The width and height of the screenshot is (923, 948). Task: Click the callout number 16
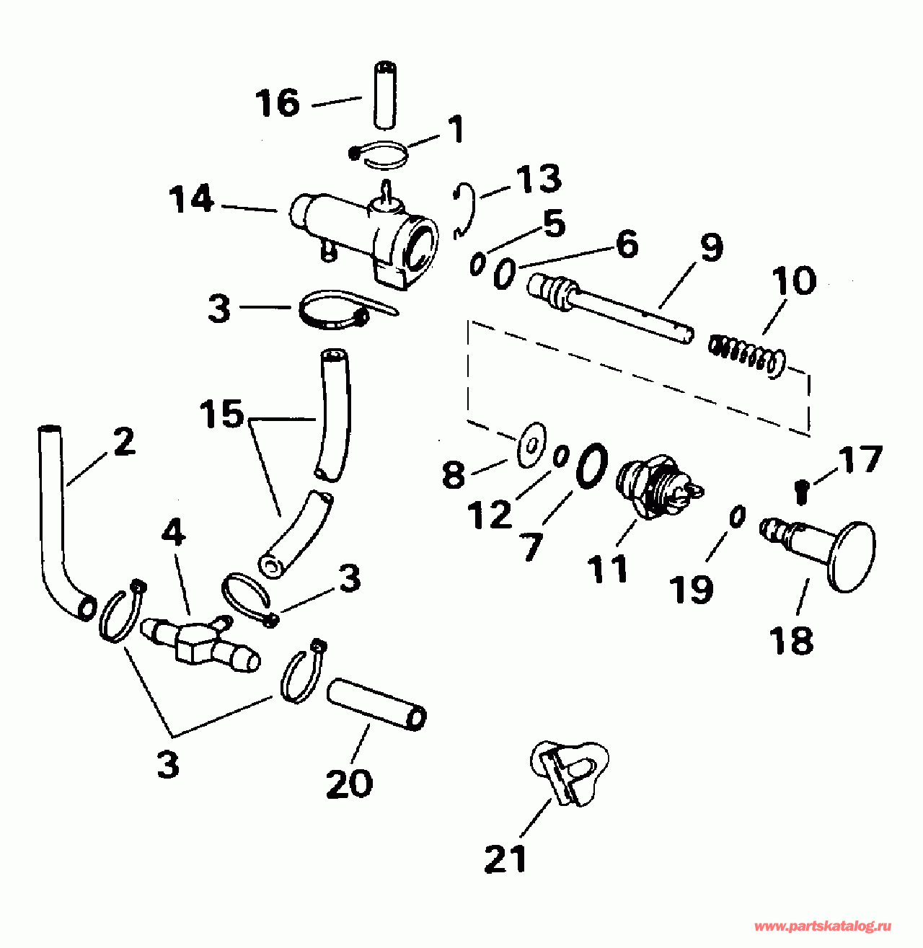click(278, 103)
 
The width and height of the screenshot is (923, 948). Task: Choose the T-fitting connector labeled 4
click(196, 637)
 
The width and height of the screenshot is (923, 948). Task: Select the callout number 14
click(192, 200)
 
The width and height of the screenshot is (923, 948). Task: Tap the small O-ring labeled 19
click(736, 518)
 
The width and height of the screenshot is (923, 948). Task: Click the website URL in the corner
click(822, 926)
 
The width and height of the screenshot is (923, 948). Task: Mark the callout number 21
click(505, 858)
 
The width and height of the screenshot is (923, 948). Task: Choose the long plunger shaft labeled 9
click(613, 306)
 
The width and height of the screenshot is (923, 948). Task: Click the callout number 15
click(222, 415)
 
